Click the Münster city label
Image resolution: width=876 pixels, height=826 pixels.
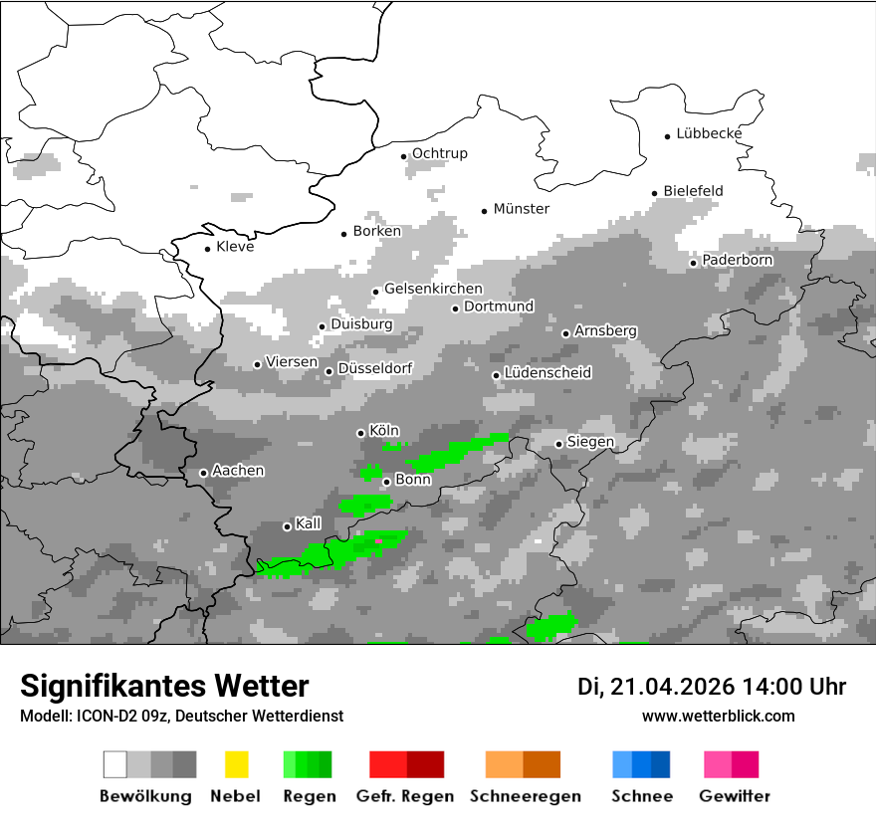point(521,209)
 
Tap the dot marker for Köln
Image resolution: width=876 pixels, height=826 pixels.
point(361,433)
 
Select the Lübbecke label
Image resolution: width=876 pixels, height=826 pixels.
point(709,133)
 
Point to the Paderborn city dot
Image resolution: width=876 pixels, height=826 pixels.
point(694,263)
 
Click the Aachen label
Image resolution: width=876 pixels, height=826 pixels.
point(238,470)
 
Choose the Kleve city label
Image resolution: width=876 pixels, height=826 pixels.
point(235,247)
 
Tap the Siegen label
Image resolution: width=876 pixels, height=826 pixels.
point(590,442)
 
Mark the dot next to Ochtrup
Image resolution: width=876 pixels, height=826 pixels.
point(404,156)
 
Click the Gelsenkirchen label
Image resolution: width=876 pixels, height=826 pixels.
point(433,289)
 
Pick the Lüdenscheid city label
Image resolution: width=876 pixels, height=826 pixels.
point(547,373)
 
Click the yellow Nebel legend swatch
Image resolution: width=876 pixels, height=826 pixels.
point(236,764)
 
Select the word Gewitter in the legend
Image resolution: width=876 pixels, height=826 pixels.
point(734,796)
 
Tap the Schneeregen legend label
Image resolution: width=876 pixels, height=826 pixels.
point(525,796)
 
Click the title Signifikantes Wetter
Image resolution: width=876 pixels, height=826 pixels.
point(164,686)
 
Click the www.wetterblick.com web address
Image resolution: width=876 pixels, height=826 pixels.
point(718,716)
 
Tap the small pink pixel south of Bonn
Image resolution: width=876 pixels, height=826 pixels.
point(378,540)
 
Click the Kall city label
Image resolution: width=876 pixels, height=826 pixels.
point(308,523)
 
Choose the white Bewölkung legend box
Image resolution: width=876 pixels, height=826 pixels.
point(115,764)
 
